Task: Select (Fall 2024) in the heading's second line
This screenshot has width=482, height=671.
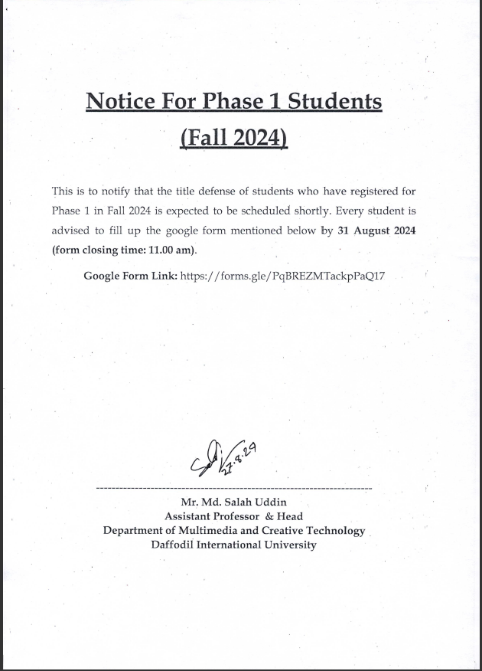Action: click(x=233, y=139)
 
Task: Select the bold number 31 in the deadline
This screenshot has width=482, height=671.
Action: click(x=344, y=230)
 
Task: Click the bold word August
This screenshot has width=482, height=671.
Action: click(x=372, y=230)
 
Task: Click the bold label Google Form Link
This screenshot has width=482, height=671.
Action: click(x=130, y=275)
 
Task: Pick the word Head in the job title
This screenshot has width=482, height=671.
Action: click(x=289, y=517)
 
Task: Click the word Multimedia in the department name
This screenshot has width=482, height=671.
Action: click(x=206, y=531)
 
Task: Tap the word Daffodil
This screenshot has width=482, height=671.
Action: click(x=174, y=545)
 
